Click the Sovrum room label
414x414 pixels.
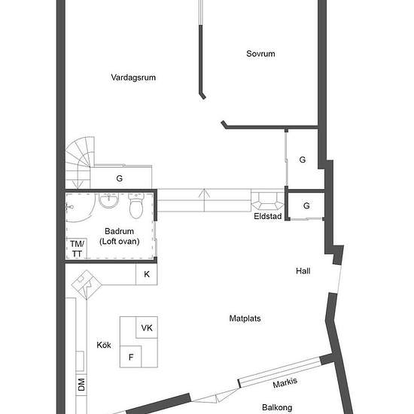click(x=260, y=53)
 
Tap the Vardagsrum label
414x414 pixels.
click(x=133, y=78)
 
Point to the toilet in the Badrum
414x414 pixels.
click(x=136, y=205)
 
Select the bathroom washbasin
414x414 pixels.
click(x=108, y=200)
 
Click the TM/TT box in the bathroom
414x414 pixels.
click(x=77, y=248)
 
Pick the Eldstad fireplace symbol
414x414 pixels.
click(x=267, y=201)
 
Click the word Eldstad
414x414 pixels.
click(x=268, y=216)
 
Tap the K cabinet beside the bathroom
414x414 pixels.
click(x=147, y=274)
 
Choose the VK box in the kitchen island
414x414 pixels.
click(x=147, y=327)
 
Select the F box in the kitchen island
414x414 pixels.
click(x=131, y=357)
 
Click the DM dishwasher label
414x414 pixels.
click(x=81, y=385)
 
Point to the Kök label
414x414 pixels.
click(x=104, y=345)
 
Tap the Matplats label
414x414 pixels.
click(x=245, y=318)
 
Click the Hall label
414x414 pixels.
click(x=303, y=271)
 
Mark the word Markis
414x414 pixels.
click(x=285, y=382)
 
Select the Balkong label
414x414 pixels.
click(x=277, y=407)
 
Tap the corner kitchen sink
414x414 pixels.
click(x=87, y=285)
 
